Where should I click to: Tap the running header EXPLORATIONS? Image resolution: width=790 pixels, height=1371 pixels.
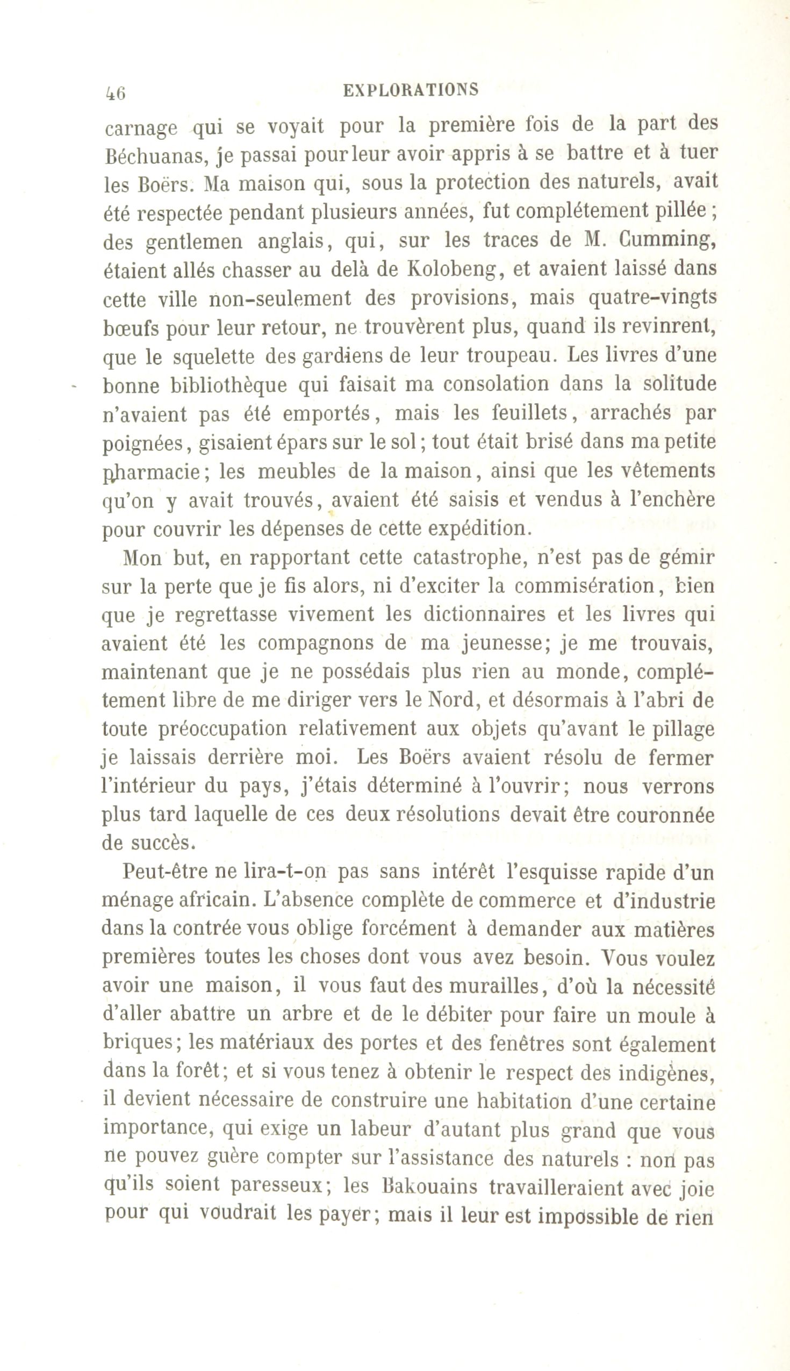click(411, 90)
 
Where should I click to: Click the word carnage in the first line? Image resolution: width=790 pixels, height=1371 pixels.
click(140, 129)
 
